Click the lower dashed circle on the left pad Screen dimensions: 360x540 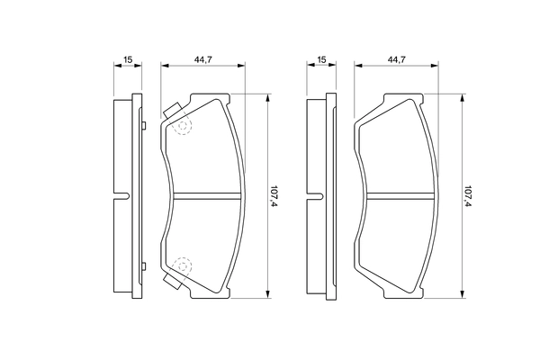point(183,265)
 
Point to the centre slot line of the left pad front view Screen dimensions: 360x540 point(207,196)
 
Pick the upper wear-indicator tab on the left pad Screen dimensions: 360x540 point(171,112)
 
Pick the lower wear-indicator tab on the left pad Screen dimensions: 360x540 point(171,281)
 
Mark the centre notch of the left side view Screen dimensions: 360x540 point(122,196)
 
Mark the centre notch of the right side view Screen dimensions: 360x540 point(316,196)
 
